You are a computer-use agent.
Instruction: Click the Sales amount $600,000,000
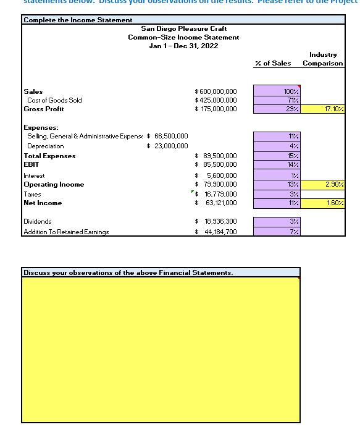point(216,91)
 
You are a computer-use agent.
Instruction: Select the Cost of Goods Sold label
point(54,100)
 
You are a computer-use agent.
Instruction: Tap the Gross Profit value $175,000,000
point(216,109)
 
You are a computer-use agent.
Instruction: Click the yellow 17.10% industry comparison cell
point(324,109)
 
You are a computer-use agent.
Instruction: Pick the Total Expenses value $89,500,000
point(216,156)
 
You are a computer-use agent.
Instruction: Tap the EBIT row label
point(31,164)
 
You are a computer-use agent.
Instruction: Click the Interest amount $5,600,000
point(216,175)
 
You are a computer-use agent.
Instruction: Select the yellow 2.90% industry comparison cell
point(324,184)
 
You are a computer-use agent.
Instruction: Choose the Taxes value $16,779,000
point(216,193)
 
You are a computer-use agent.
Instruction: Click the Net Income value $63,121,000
point(216,203)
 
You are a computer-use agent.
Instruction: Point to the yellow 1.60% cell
point(324,203)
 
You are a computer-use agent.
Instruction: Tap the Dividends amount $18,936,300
point(216,221)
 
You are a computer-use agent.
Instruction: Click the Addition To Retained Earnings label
point(66,232)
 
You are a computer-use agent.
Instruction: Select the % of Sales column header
point(273,64)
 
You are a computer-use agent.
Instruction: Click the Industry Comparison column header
point(323,59)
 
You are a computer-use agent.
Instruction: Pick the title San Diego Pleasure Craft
point(184,28)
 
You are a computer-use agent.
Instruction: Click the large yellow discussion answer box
point(161,349)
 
